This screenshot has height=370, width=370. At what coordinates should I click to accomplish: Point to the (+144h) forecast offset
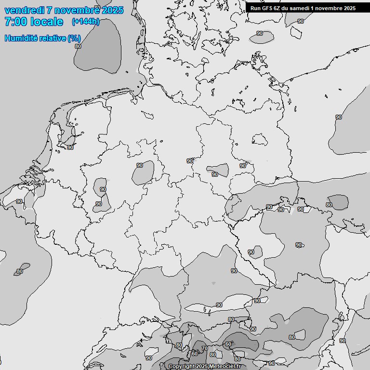(x=85, y=22)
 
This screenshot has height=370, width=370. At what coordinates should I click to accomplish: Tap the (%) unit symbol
(x=74, y=38)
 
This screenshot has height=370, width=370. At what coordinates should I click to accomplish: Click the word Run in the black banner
(x=255, y=8)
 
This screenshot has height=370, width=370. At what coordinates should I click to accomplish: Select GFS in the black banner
(x=267, y=8)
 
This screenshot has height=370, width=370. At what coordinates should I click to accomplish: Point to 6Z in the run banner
(x=279, y=8)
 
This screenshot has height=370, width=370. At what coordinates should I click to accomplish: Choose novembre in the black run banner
(x=331, y=8)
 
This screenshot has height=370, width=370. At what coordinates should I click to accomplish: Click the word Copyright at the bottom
(x=181, y=367)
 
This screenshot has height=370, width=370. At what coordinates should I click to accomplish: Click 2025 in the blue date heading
(x=111, y=10)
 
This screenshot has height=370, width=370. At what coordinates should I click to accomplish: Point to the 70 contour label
(x=204, y=348)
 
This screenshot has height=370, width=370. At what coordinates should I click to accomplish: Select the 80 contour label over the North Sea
(x=78, y=46)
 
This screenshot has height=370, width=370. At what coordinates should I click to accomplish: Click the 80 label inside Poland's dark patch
(x=329, y=205)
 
